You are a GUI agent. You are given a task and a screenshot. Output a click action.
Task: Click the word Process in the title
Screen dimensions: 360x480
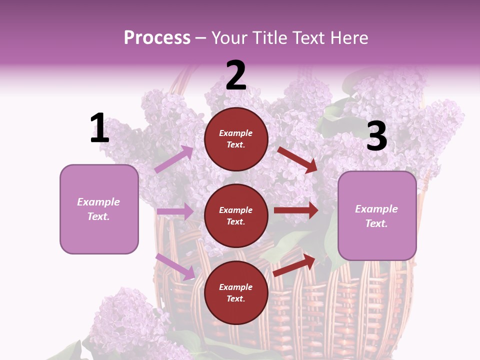coord(157,38)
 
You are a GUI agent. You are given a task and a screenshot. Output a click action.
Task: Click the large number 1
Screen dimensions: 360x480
coord(99,128)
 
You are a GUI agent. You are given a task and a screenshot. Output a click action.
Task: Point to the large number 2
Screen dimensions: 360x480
coord(236,75)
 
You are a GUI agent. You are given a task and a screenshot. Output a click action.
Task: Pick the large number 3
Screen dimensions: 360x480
coord(376,136)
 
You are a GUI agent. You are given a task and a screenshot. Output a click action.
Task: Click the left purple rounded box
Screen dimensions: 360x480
coord(99,209)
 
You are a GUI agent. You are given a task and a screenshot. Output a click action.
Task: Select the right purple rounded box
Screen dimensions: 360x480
coord(377,215)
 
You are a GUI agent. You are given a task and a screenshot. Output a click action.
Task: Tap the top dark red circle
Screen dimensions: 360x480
coord(236,139)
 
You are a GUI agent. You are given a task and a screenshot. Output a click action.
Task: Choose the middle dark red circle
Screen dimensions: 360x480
coord(236,215)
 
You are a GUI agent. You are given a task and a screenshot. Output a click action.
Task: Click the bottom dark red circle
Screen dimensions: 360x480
coord(236,292)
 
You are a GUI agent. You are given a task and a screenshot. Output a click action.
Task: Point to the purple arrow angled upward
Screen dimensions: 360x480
coord(174,159)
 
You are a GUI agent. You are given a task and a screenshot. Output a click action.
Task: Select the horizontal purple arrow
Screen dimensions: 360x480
coord(175,211)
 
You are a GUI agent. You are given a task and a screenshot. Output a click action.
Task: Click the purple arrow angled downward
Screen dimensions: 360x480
coord(175,266)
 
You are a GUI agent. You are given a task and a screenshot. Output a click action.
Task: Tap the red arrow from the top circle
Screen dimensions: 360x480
coord(297,159)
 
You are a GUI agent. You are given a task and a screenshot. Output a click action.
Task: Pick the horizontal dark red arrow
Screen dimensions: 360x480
coord(296,210)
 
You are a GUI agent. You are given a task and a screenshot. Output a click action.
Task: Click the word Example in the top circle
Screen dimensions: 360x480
coord(236,133)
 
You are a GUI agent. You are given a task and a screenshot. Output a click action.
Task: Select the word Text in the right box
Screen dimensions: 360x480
coord(376,223)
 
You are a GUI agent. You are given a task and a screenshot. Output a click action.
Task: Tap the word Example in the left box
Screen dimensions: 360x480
coord(98,202)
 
